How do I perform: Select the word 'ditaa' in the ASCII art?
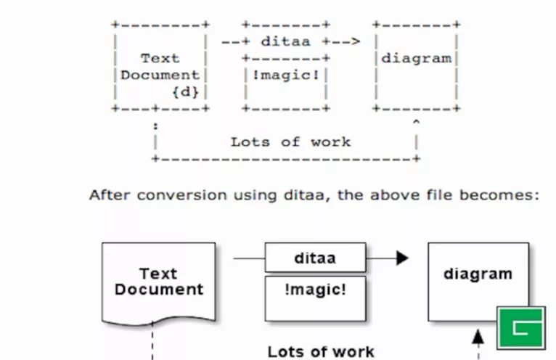287,41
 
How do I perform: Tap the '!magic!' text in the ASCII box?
285,75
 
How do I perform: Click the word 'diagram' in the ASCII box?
416,58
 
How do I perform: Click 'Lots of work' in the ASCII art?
290,142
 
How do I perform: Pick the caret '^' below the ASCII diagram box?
416,123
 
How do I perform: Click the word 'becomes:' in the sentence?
508,195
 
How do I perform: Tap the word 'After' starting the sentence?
107,195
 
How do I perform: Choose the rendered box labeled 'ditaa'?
315,258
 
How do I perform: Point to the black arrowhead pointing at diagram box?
403,258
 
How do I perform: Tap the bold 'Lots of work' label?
321,352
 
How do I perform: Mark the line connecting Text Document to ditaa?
249,258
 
